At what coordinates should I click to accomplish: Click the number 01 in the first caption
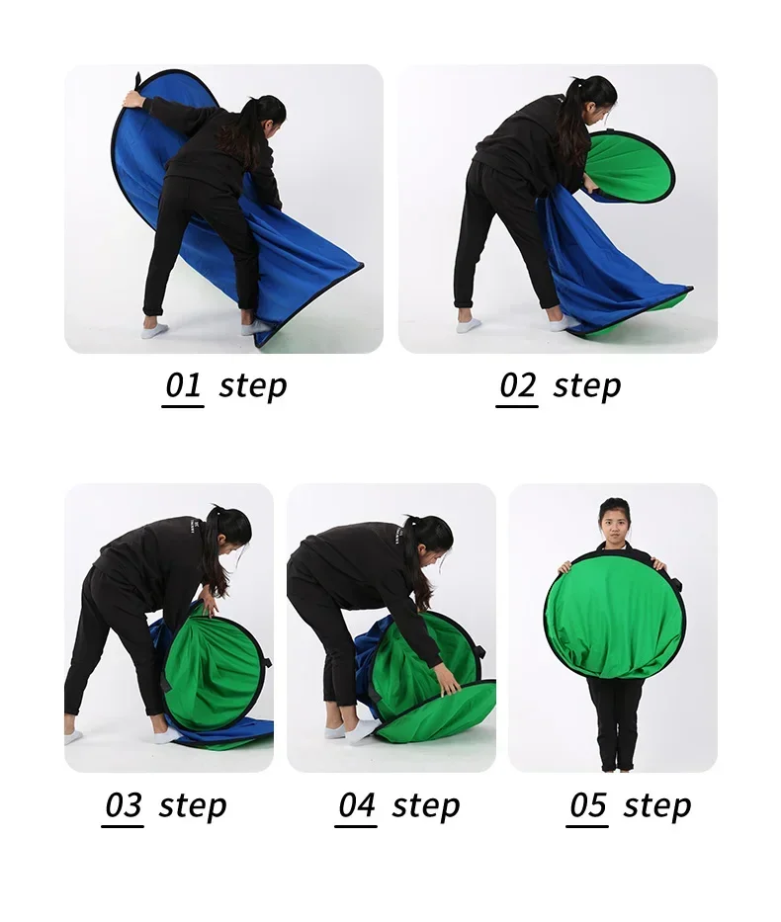point(183,385)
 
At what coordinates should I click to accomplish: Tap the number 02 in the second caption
point(517,385)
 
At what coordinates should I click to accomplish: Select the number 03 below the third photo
point(123,805)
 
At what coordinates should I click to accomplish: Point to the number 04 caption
point(356,805)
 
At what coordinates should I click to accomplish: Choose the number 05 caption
point(587,805)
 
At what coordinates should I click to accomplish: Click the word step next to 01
point(253,387)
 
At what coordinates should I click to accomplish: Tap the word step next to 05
point(656,806)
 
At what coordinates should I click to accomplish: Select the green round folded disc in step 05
point(615,624)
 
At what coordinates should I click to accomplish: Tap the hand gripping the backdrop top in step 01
point(134,100)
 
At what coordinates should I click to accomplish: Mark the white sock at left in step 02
point(469,324)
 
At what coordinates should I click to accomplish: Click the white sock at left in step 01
point(154,328)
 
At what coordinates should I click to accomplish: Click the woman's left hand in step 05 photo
point(659,565)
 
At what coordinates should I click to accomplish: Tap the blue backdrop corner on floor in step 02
point(685,289)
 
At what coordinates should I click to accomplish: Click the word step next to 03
point(193,806)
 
